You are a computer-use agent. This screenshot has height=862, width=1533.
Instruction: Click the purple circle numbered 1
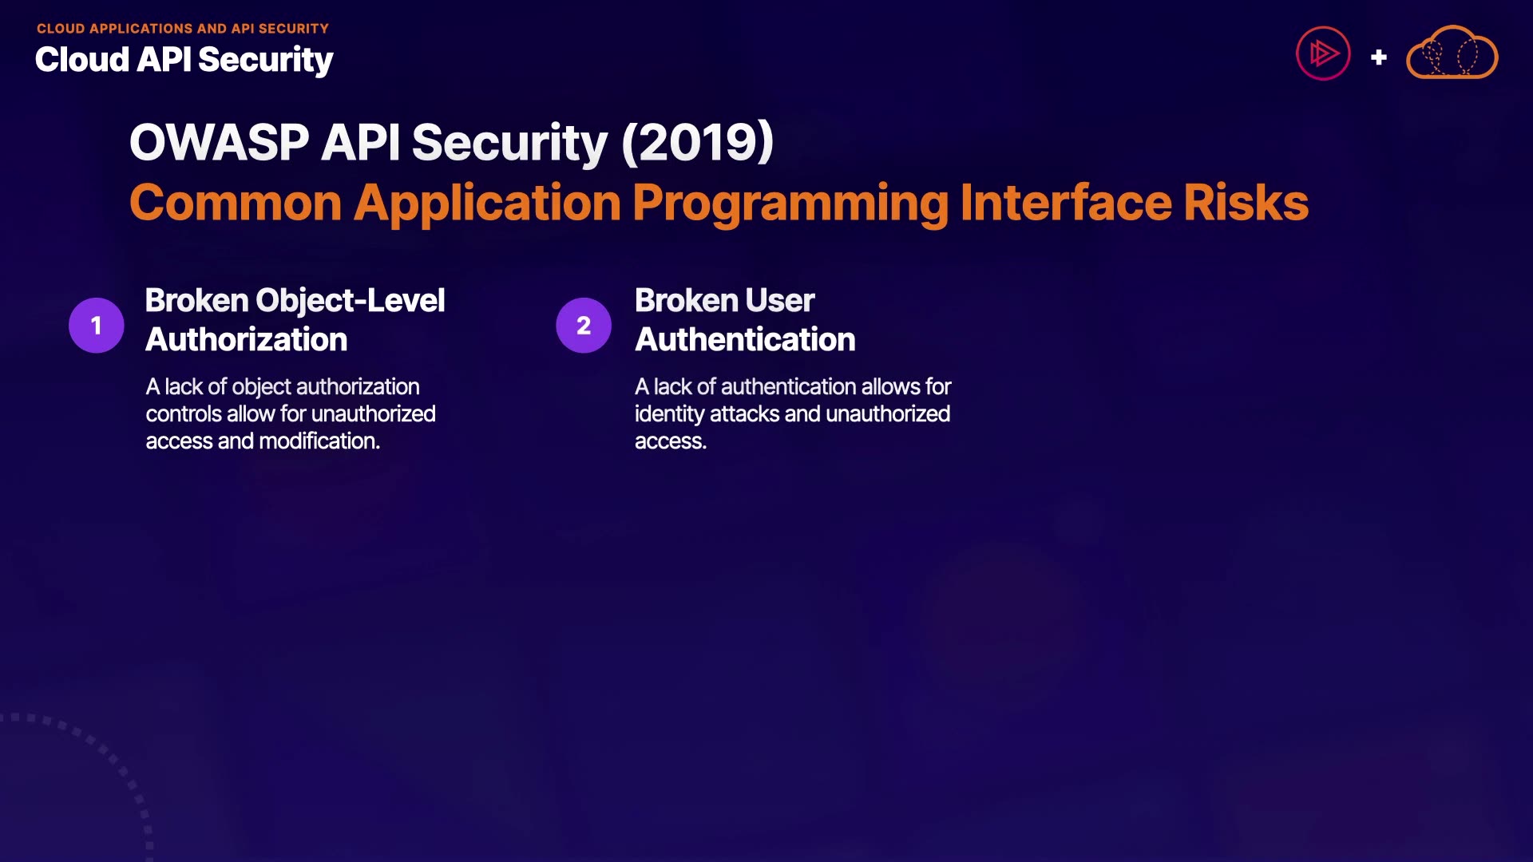tap(97, 325)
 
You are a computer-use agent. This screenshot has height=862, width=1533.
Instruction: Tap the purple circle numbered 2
tap(584, 325)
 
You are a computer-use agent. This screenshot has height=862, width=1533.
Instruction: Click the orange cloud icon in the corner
tap(1452, 53)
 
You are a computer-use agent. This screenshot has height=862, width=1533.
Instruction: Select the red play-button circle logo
tap(1323, 53)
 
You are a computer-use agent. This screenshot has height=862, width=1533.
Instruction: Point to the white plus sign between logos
tap(1378, 57)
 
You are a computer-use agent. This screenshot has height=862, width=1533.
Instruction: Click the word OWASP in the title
tap(220, 143)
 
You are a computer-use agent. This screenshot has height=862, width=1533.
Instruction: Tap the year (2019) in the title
tap(697, 143)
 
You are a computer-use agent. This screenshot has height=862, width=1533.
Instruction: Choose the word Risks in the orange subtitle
tap(1246, 203)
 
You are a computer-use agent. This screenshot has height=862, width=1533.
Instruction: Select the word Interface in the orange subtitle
tap(1066, 202)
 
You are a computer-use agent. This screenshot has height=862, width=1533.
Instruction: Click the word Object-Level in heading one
tap(351, 302)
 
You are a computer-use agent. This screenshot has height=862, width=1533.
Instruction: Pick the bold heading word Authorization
tap(247, 340)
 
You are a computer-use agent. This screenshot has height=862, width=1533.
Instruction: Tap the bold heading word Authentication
tap(745, 340)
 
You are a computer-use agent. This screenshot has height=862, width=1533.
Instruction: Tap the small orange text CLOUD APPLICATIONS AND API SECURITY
tap(183, 29)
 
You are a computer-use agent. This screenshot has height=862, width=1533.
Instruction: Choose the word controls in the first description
tap(183, 413)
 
